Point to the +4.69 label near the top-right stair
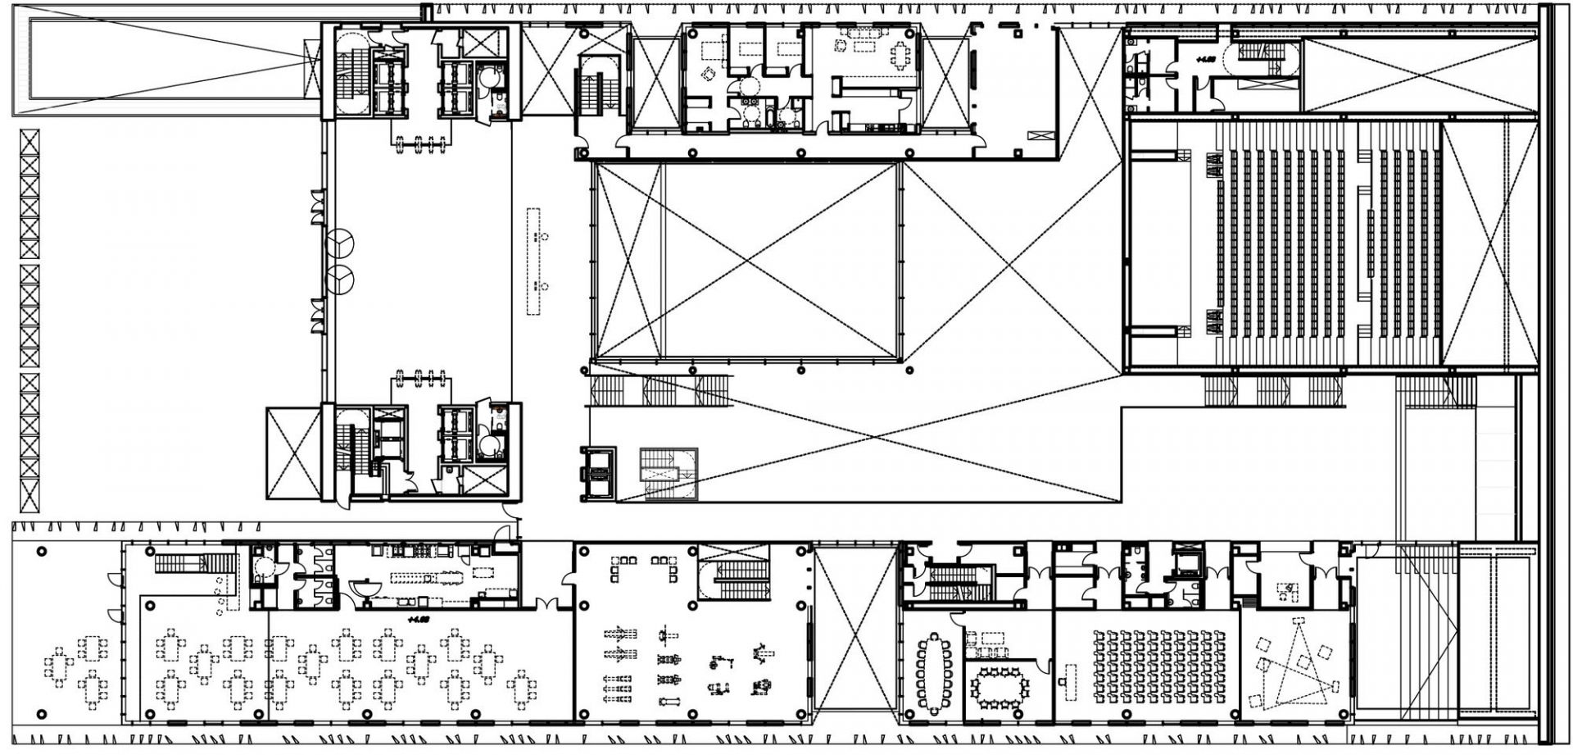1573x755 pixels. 1204,59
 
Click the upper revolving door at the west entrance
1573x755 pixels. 340,243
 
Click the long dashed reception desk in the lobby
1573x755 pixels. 534,262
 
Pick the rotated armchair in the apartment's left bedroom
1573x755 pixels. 708,73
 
